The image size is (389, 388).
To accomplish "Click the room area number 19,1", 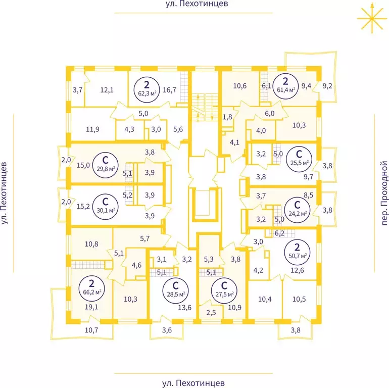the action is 91,307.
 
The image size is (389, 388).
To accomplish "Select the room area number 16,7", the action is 169,90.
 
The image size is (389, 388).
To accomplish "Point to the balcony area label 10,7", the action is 91,330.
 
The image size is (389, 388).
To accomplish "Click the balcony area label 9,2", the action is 327,86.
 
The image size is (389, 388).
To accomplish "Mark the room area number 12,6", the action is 297,270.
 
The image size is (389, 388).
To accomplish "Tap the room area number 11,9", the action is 92,129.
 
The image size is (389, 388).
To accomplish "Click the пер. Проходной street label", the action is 384,193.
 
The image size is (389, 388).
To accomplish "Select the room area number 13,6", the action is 185,308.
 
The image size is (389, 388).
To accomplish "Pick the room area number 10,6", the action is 240,86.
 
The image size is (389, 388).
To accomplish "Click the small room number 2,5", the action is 211,313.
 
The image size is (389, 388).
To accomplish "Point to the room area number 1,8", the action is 227,117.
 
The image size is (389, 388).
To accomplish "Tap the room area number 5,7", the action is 145,238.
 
